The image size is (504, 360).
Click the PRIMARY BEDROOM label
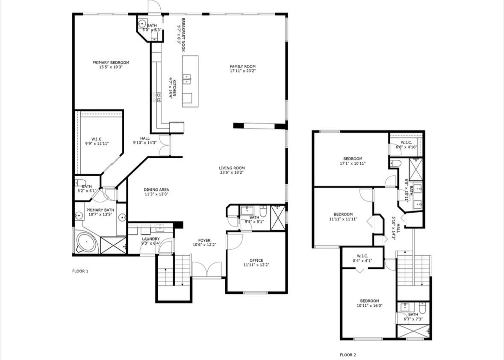coord(111,63)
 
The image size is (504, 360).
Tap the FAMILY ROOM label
coord(243,67)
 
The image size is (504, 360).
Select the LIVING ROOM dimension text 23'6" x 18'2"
coord(232,172)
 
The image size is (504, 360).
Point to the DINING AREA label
coord(156,190)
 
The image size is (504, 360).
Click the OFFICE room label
coord(256,260)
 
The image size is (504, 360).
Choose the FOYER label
coord(204,240)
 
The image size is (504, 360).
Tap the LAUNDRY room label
coord(151,239)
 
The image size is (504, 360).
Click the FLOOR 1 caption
coord(80,271)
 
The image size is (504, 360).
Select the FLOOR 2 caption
coord(348,355)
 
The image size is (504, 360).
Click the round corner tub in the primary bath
coord(86,243)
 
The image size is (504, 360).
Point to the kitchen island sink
coord(187,78)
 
